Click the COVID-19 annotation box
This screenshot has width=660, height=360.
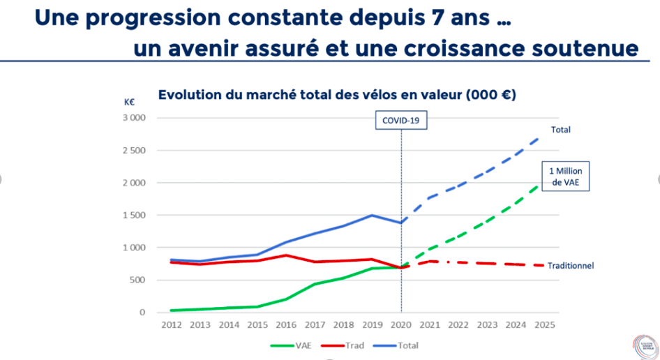pos(402,120)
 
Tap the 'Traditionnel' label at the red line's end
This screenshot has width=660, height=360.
pos(570,266)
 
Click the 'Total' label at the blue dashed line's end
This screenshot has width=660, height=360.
pos(561,130)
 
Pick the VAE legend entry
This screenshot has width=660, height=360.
pos(293,345)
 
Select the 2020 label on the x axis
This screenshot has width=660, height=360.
pos(401,324)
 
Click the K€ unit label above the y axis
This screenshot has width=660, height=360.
pos(130,102)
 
